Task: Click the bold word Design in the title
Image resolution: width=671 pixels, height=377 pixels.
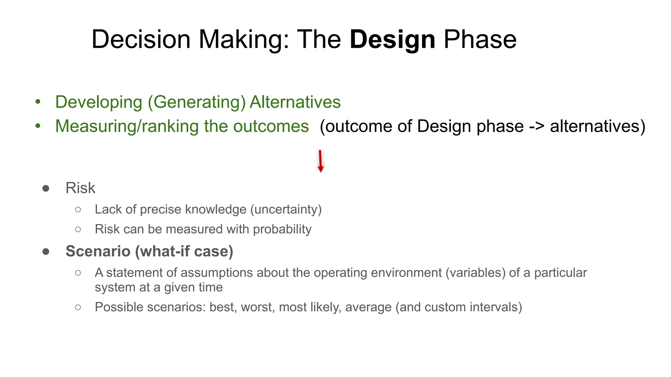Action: pos(392,40)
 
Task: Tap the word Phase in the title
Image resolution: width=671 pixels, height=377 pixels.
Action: pos(480,40)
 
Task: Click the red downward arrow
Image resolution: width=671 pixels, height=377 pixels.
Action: pos(320,161)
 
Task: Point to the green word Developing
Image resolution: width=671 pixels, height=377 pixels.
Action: pos(99,102)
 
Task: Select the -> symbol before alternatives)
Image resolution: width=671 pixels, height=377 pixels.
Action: pos(536,127)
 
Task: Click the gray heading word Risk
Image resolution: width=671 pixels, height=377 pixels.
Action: pos(80,188)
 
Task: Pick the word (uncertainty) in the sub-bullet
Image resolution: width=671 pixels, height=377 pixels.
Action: pos(286,209)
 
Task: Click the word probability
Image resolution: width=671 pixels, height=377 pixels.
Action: pos(282,229)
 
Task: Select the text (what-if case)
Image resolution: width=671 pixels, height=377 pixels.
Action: pos(184,251)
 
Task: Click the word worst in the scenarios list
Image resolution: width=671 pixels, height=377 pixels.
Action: pos(258,307)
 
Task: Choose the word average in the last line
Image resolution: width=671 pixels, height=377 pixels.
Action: pos(368,307)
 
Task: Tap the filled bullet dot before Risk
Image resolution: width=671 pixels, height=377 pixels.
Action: pos(46,188)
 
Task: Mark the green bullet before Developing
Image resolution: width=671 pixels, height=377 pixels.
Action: pos(38,102)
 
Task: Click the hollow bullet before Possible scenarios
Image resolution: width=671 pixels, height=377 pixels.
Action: pos(78,307)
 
